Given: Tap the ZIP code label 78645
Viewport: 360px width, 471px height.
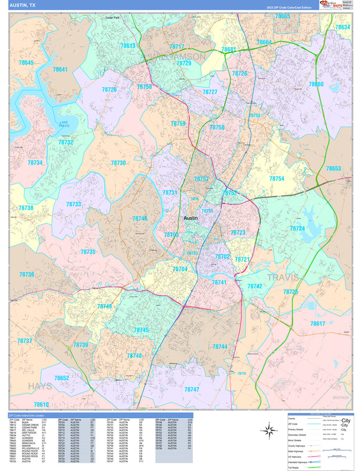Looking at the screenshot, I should click(x=26, y=63).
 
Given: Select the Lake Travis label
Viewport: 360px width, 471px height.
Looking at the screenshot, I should click(x=64, y=124).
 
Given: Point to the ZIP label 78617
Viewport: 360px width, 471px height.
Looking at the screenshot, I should click(x=318, y=323).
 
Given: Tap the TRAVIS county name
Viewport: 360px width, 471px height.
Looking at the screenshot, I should click(x=283, y=278).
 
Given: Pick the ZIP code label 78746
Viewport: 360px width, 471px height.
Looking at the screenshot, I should click(x=139, y=218).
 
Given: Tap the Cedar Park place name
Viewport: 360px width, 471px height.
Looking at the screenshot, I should click(x=112, y=18).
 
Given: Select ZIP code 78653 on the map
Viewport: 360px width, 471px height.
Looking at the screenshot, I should click(x=333, y=168).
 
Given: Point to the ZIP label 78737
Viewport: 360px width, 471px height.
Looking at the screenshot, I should click(x=24, y=341).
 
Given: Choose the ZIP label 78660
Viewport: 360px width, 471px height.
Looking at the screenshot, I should click(x=316, y=84).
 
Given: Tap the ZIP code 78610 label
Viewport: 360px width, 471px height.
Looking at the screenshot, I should click(x=41, y=404).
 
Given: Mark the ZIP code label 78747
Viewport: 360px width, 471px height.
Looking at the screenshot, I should click(x=192, y=389).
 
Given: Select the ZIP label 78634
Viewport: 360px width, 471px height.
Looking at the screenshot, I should click(x=342, y=27).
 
